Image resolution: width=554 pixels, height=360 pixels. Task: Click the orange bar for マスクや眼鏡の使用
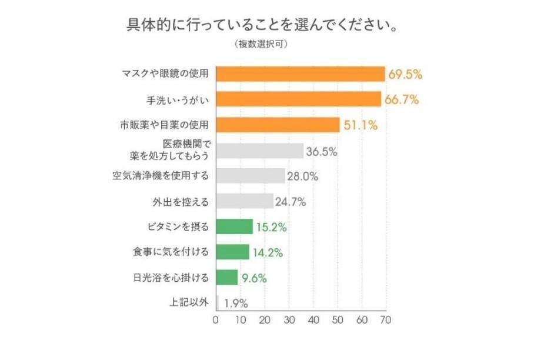(x=301, y=74)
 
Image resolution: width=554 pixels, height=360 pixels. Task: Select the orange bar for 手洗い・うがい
(x=299, y=99)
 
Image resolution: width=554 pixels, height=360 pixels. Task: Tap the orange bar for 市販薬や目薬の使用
(x=278, y=125)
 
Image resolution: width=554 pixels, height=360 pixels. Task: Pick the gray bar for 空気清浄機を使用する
(x=251, y=175)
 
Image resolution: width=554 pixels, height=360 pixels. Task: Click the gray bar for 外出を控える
(x=245, y=201)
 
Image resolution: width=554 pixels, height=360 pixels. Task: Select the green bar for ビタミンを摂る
(x=235, y=226)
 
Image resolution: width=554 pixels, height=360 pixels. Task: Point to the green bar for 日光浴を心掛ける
(x=228, y=277)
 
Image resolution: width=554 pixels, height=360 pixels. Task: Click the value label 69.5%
(x=405, y=75)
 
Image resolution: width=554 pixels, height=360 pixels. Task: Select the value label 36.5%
(x=321, y=151)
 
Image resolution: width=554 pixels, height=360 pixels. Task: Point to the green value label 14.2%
(x=268, y=252)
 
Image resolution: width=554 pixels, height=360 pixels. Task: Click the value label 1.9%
(x=236, y=304)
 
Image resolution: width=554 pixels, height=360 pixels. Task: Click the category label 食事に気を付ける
(x=171, y=252)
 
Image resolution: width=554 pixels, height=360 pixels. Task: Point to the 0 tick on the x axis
(x=216, y=320)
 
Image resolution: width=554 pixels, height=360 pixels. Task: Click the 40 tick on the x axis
(x=313, y=320)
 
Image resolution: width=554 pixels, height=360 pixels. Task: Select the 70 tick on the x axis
(x=386, y=320)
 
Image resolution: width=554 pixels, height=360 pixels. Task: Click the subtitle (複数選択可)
(x=260, y=44)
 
